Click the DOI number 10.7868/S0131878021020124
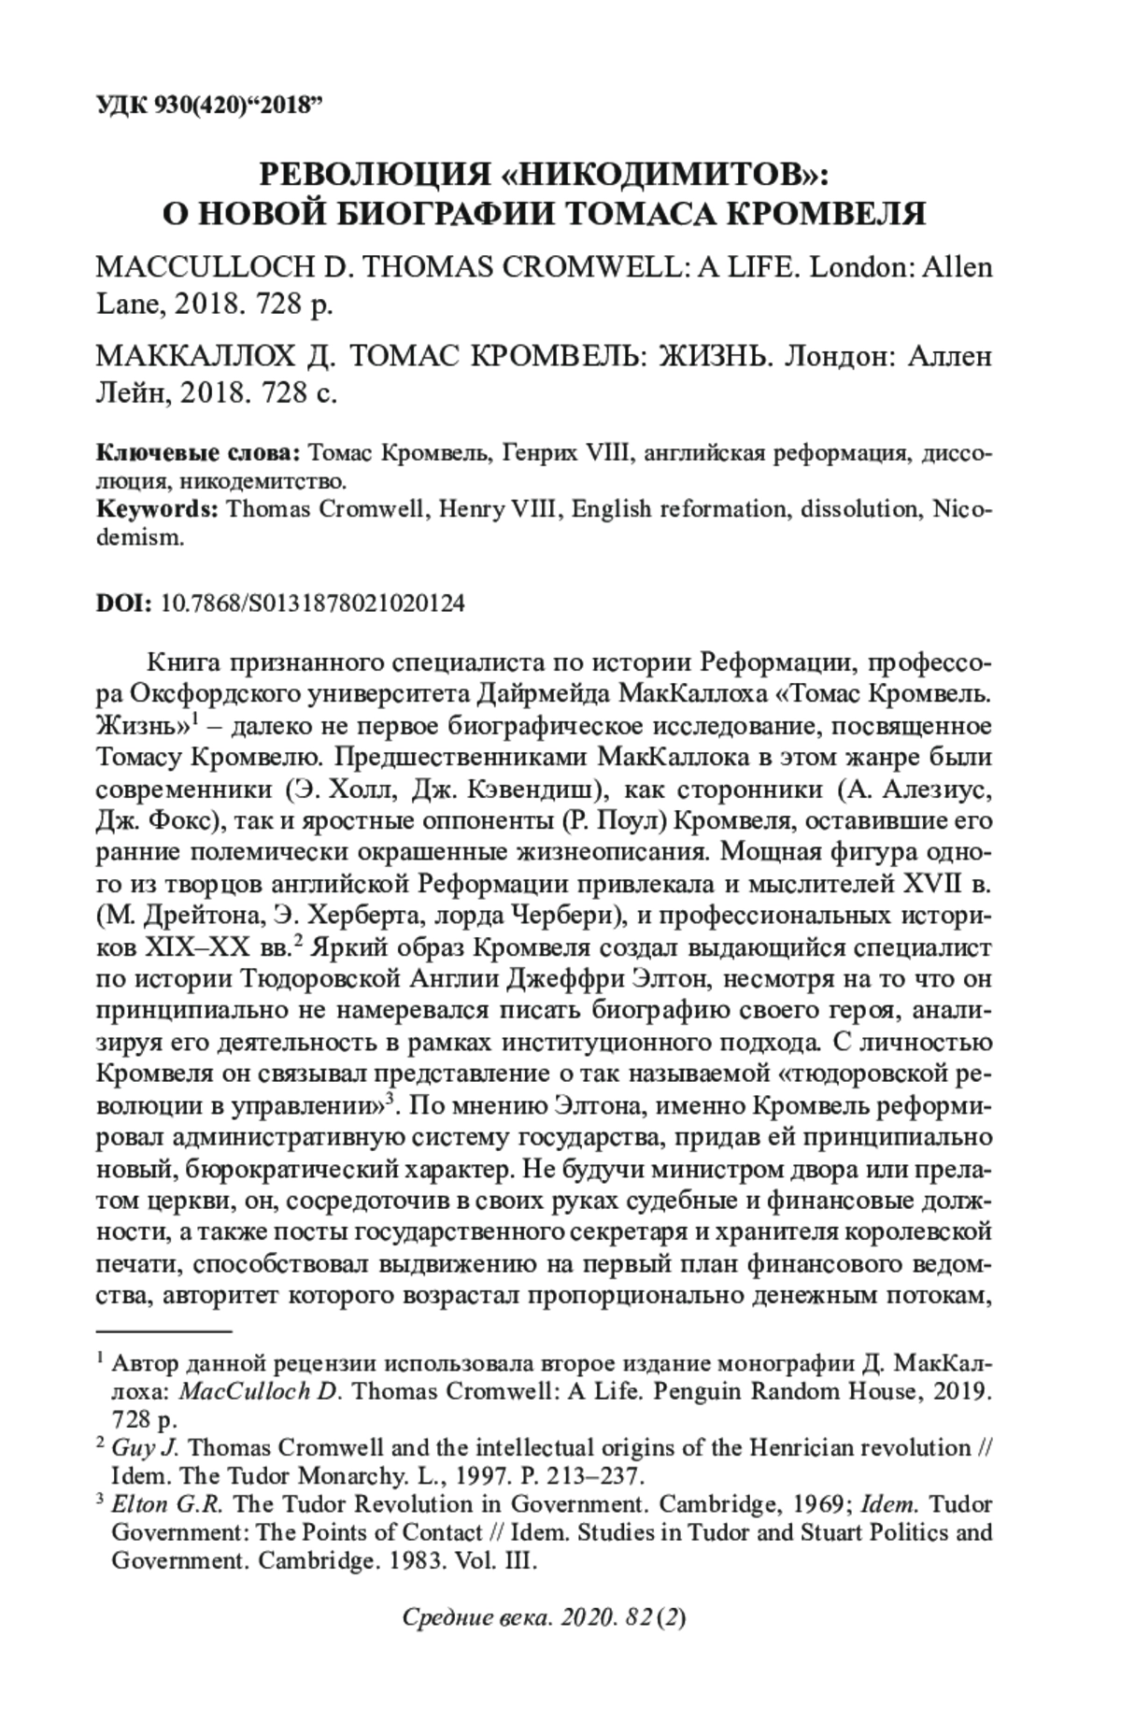click(313, 604)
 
